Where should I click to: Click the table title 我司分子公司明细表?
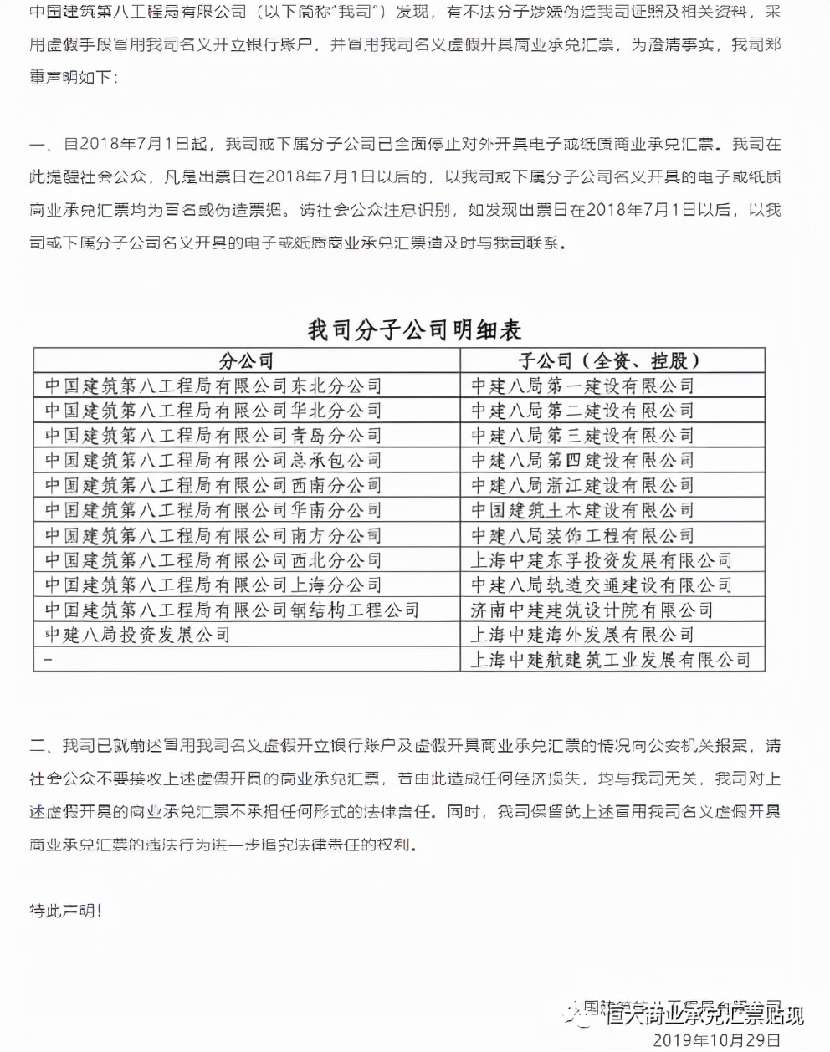pyautogui.click(x=414, y=329)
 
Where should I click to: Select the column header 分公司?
pyautogui.click(x=246, y=360)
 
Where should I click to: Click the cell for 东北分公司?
pyautogui.click(x=213, y=386)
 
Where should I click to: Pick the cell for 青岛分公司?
pyautogui.click(x=213, y=436)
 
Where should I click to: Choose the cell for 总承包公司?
pyautogui.click(x=213, y=461)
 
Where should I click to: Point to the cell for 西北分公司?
pyautogui.click(x=213, y=560)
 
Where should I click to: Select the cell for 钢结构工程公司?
pyautogui.click(x=232, y=610)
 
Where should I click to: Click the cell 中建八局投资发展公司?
pyautogui.click(x=137, y=636)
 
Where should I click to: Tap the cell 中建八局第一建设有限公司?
pyautogui.click(x=582, y=386)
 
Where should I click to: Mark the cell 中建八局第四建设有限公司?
pyautogui.click(x=582, y=461)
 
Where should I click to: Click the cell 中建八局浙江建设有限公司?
pyautogui.click(x=582, y=486)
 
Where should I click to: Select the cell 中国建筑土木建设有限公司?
pyautogui.click(x=582, y=510)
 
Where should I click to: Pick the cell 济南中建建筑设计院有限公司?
pyautogui.click(x=592, y=610)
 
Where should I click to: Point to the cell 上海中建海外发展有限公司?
pyautogui.click(x=582, y=636)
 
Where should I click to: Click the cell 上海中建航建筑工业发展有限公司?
pyautogui.click(x=611, y=660)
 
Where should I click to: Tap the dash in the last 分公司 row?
pyautogui.click(x=48, y=660)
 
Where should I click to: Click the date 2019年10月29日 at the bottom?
pyautogui.click(x=716, y=1039)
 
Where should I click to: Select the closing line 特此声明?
pyautogui.click(x=65, y=911)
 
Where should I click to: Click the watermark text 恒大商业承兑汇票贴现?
pyautogui.click(x=703, y=1014)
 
